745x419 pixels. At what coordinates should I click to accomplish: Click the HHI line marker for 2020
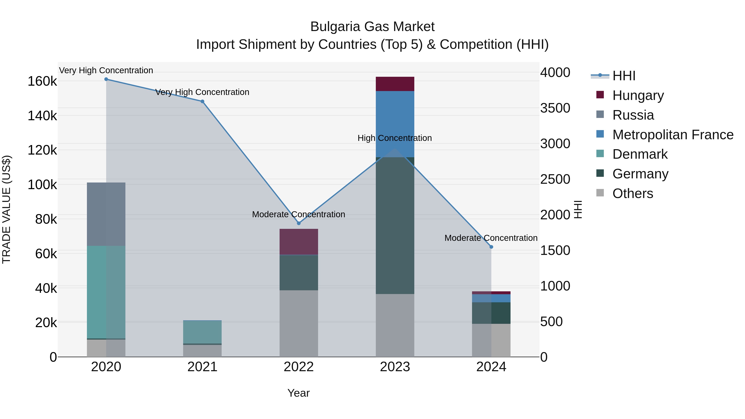click(x=106, y=79)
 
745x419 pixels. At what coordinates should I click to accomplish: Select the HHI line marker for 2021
click(x=202, y=102)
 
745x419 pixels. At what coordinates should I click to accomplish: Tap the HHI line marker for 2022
click(x=299, y=223)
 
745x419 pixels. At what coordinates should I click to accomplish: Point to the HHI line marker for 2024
click(x=491, y=247)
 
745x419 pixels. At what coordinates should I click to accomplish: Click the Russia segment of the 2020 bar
click(x=106, y=214)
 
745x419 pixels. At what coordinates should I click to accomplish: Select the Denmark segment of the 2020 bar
click(x=106, y=292)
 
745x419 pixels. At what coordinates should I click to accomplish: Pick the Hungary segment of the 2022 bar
click(x=299, y=242)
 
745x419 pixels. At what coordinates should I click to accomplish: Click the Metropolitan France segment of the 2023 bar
click(x=395, y=124)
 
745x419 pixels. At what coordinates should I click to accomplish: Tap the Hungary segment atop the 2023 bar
click(x=395, y=84)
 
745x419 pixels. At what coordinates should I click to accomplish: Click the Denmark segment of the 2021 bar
click(x=202, y=332)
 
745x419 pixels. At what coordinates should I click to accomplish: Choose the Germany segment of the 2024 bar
click(x=491, y=313)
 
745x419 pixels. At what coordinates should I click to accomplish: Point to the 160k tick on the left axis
click(x=42, y=82)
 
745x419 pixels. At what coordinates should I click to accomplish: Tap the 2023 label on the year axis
click(x=395, y=367)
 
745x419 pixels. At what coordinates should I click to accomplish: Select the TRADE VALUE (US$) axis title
click(x=6, y=209)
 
